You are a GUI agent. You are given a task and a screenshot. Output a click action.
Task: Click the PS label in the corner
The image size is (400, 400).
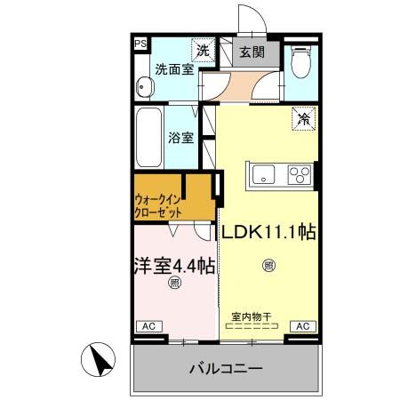click(x=140, y=43)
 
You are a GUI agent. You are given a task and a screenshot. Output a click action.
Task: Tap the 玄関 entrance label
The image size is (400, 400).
click(x=252, y=52)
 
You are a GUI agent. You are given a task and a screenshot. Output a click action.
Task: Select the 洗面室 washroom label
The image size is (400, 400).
click(x=174, y=68)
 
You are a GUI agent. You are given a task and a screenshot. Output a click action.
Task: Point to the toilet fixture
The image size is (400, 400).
click(x=300, y=60)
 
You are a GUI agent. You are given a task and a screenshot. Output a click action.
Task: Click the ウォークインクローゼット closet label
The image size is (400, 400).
click(x=160, y=205)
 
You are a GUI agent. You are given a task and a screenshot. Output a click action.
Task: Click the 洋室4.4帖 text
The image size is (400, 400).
click(x=174, y=264)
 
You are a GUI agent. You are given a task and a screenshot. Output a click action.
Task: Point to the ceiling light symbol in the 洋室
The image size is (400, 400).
click(x=174, y=284)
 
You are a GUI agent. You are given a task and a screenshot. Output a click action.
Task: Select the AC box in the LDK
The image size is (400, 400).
click(x=301, y=326)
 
